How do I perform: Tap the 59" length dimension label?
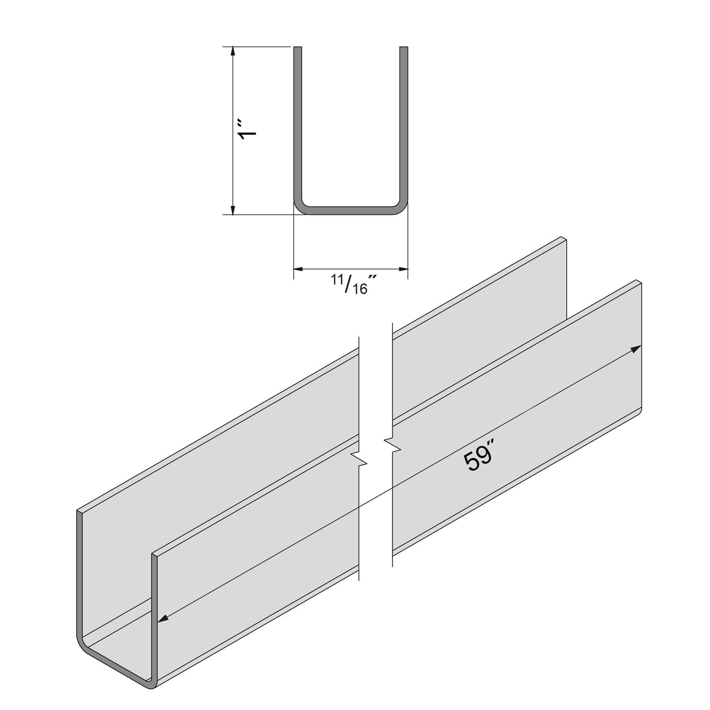pos(479,459)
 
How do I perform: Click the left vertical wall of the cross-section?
pos(298,123)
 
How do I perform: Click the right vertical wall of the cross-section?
pos(404,123)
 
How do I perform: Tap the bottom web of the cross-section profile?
pos(351,211)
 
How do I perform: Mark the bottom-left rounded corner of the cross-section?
pos(299,207)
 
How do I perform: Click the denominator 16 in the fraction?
pos(360,288)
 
